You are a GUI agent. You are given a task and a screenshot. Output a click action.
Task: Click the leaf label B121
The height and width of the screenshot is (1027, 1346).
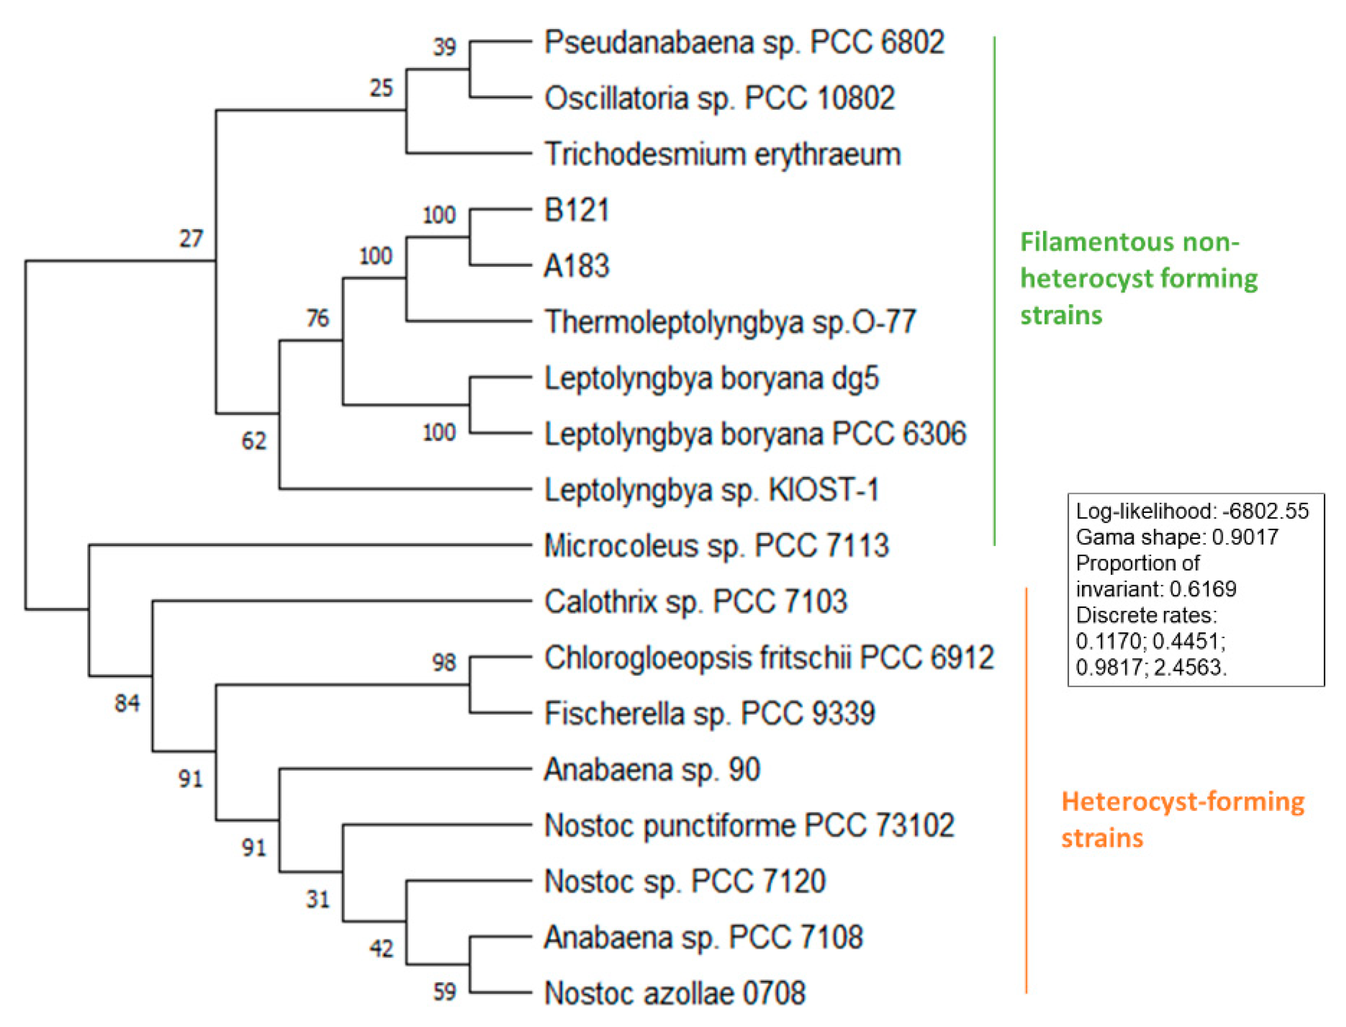point(576,210)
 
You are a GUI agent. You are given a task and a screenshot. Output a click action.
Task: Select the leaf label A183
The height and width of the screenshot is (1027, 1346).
point(576,266)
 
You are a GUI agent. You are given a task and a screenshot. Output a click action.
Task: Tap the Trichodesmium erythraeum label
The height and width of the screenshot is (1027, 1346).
point(722,154)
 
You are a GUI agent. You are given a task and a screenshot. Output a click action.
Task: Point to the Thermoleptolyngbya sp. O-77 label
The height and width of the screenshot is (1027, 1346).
point(730,322)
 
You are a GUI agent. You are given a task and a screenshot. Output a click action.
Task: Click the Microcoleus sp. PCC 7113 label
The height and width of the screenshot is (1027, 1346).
point(716,545)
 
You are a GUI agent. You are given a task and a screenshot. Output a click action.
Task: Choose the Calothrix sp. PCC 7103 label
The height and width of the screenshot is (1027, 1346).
point(695,602)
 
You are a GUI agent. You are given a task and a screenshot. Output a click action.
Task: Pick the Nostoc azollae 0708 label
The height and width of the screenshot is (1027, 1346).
point(674,993)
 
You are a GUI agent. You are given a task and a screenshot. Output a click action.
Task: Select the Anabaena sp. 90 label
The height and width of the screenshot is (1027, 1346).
point(652,769)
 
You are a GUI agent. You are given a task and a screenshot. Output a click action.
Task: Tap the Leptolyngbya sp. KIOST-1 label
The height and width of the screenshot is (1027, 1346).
point(711,490)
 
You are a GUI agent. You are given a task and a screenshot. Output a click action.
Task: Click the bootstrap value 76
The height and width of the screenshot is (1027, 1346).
point(318,318)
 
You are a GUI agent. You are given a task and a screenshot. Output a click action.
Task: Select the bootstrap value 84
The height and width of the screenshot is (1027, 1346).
point(127,703)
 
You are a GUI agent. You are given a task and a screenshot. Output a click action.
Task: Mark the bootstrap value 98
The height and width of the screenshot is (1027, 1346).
point(444,662)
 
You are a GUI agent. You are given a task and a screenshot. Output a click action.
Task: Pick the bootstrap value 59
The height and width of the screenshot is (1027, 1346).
point(445,991)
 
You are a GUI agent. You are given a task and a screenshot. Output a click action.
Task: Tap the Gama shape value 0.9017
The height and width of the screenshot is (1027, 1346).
point(1245,537)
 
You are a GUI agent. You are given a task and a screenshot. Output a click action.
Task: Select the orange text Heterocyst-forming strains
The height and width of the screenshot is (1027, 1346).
point(1181,819)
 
